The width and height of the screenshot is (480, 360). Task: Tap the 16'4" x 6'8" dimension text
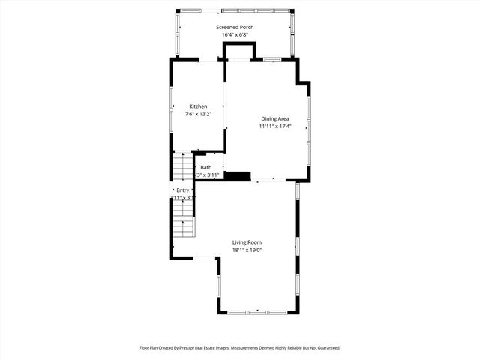coord(237,35)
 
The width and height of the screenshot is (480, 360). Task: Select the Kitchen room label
coord(198,106)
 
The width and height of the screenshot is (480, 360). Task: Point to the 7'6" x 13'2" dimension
coord(198,115)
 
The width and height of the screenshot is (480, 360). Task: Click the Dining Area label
coord(274,118)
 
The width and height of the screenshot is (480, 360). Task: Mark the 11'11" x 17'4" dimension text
coord(274,127)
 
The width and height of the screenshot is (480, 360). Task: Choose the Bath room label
coord(206,167)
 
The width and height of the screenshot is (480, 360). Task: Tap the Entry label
coord(182,190)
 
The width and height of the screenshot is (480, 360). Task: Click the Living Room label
coord(247,242)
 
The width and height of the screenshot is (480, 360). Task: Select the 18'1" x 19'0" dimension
coord(247,250)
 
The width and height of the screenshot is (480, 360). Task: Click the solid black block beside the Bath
coord(238,177)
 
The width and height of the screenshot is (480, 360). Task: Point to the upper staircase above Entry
coord(184,166)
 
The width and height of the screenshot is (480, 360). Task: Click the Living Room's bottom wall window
coord(258,311)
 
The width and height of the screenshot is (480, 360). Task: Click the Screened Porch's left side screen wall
coord(178,34)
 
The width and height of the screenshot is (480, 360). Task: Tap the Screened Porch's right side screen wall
coord(292,34)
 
